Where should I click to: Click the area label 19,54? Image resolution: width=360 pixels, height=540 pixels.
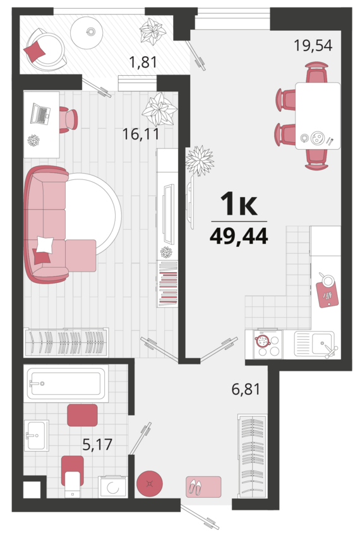(x=313, y=45)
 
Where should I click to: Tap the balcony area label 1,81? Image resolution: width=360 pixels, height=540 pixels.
(x=143, y=63)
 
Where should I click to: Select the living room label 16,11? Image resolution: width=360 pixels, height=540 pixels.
(x=141, y=134)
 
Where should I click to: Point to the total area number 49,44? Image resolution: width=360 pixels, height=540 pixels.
(x=239, y=236)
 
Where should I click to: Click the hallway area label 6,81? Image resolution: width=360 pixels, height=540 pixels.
(x=246, y=389)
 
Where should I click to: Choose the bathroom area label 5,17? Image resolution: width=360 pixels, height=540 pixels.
(x=97, y=444)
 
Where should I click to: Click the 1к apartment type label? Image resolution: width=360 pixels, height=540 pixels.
(x=239, y=203)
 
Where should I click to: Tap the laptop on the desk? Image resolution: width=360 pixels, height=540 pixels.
(x=40, y=114)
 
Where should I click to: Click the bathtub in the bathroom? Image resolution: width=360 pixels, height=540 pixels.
(x=68, y=383)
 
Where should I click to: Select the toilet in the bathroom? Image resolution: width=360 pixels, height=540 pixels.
(x=73, y=477)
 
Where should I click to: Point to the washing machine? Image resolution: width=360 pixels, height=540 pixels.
(x=112, y=487)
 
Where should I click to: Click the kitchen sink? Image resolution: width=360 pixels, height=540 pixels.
(x=315, y=344)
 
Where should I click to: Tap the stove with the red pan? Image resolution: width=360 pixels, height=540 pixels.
(x=267, y=344)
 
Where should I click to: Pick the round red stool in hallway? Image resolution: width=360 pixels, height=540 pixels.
(x=150, y=484)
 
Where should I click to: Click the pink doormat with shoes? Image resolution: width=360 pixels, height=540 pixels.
(x=203, y=486)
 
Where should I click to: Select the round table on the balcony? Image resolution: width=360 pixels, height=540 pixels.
(x=87, y=32)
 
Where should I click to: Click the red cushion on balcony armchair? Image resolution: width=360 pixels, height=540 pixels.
(x=35, y=51)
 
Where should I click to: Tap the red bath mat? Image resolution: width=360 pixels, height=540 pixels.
(x=82, y=416)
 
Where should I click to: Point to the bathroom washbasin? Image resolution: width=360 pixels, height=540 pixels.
(x=37, y=435)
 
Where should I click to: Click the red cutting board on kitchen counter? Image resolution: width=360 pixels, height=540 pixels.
(x=327, y=294)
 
